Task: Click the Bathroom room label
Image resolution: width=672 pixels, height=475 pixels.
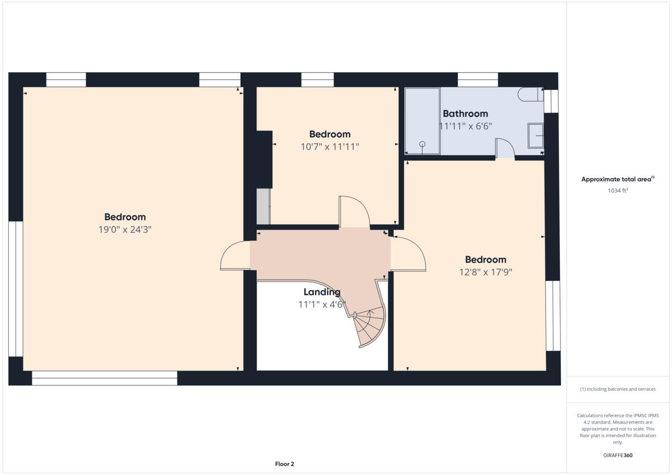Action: click(x=465, y=114)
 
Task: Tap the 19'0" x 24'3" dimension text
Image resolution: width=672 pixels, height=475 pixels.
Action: click(x=125, y=229)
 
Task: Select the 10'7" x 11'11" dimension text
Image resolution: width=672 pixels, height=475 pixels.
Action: click(x=330, y=147)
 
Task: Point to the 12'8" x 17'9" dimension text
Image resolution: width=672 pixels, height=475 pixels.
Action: click(x=486, y=272)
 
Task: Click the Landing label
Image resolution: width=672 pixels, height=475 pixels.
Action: click(x=321, y=292)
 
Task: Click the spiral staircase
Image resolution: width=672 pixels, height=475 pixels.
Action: click(x=370, y=328)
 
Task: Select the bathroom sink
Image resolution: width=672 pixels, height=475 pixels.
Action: click(x=535, y=136)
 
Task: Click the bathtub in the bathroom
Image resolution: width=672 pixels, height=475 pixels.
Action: click(x=422, y=121)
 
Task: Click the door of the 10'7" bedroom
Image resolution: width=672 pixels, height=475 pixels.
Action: click(x=354, y=211)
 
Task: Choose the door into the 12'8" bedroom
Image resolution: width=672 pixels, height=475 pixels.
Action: click(x=408, y=254)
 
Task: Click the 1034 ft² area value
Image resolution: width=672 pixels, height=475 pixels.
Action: click(x=618, y=190)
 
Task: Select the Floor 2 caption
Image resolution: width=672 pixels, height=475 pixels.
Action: click(x=284, y=464)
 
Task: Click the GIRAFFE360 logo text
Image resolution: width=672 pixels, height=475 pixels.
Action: click(x=618, y=455)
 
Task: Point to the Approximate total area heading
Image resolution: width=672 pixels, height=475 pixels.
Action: click(x=617, y=180)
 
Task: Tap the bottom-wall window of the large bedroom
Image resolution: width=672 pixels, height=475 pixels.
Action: click(x=105, y=378)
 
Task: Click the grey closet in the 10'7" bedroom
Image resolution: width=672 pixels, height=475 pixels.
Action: click(x=263, y=206)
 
